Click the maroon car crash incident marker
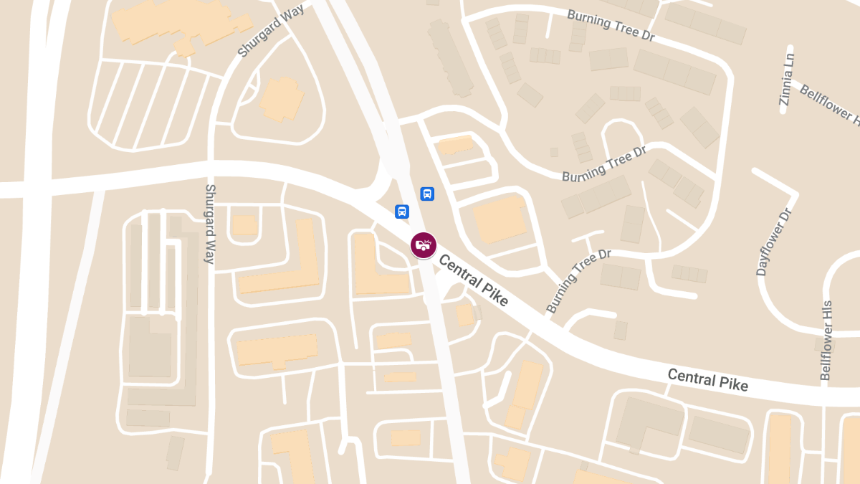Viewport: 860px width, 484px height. pos(424,245)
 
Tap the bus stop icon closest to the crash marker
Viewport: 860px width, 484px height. pos(402,212)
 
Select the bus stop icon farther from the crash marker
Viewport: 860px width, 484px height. pos(427,193)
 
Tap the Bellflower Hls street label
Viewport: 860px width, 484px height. pos(827,340)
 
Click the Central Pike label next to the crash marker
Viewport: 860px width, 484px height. pos(473,280)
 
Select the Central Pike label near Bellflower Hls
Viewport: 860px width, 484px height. pos(707,379)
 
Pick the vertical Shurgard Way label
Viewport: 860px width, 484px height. pos(210,224)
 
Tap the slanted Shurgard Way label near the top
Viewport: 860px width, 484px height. pos(271,31)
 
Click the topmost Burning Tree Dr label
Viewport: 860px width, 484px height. pos(611,24)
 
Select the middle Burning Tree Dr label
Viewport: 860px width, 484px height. pos(604,165)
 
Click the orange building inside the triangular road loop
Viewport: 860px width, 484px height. pos(281,98)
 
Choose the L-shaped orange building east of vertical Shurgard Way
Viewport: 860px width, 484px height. pos(287,265)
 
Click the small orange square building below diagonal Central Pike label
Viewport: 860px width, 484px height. pos(465,314)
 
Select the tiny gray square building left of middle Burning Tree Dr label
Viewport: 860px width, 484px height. pos(554,152)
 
